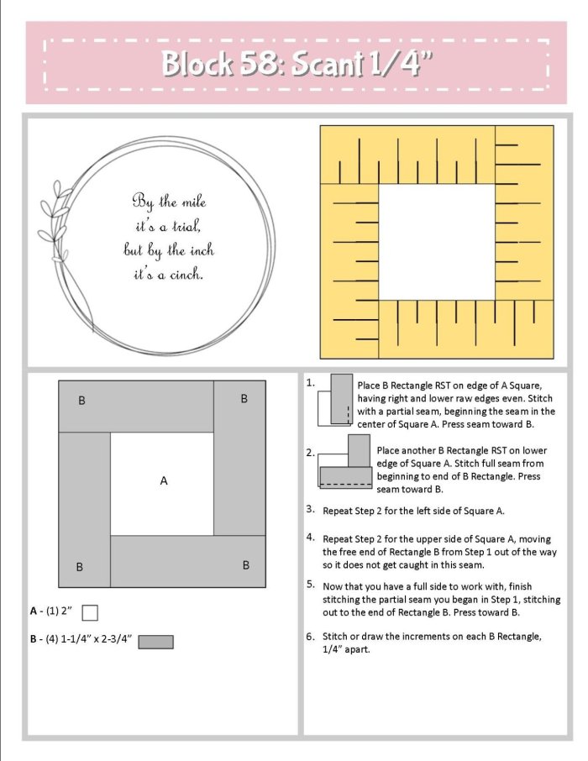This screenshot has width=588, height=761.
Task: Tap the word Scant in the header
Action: pyautogui.click(x=328, y=64)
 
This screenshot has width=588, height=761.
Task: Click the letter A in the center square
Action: pyautogui.click(x=164, y=480)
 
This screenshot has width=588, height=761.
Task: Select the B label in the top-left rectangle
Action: pyautogui.click(x=81, y=401)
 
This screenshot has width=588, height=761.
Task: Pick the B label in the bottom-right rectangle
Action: pyautogui.click(x=245, y=565)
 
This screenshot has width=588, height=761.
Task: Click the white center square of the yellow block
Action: pyautogui.click(x=437, y=242)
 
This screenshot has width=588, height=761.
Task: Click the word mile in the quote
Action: pyautogui.click(x=194, y=202)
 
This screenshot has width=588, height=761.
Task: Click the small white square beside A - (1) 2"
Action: pyautogui.click(x=90, y=612)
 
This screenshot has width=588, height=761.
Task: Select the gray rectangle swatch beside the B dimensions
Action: pyautogui.click(x=156, y=642)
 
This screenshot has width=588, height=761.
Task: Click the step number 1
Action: pyautogui.click(x=310, y=382)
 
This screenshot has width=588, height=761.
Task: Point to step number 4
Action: pyautogui.click(x=310, y=537)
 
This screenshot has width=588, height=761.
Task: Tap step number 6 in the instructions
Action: pyautogui.click(x=310, y=636)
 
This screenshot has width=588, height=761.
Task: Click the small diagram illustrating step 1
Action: pyautogui.click(x=335, y=400)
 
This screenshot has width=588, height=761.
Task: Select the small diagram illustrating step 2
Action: pyautogui.click(x=344, y=461)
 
